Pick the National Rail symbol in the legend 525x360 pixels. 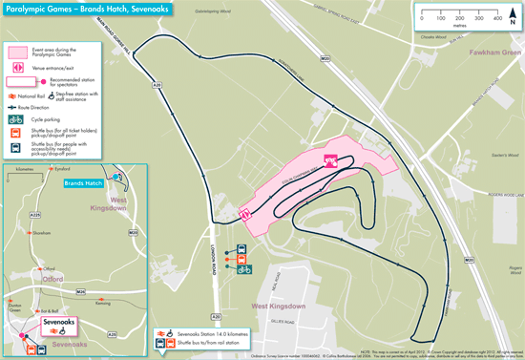(x=11, y=95)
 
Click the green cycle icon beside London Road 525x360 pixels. (x=244, y=268)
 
